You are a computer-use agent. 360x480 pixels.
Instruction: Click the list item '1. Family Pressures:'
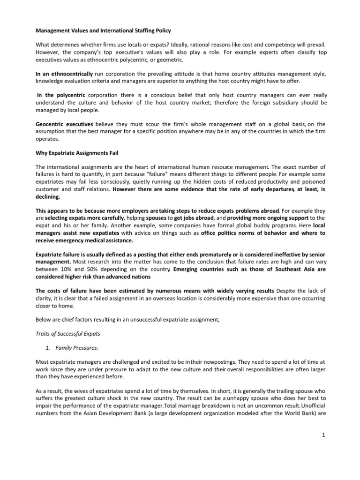pos(74,347)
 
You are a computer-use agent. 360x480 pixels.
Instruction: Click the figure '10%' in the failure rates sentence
pos(65,270)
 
